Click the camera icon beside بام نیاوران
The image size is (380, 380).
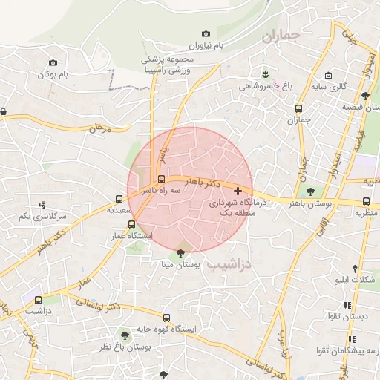[206, 34]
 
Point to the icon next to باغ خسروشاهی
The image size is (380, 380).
[266, 73]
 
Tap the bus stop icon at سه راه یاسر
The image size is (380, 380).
[161, 179]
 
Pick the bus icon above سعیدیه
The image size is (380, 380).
[119, 199]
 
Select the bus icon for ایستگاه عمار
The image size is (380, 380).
[131, 224]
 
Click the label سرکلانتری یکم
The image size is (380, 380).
[42, 217]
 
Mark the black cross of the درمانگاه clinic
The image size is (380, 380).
[237, 191]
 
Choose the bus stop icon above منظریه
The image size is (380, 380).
[365, 200]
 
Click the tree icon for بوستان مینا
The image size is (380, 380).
[180, 253]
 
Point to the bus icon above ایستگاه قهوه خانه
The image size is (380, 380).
[166, 318]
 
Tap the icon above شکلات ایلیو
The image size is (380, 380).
[354, 268]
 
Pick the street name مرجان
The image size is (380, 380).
[99, 129]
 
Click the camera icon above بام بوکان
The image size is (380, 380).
[52, 63]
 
